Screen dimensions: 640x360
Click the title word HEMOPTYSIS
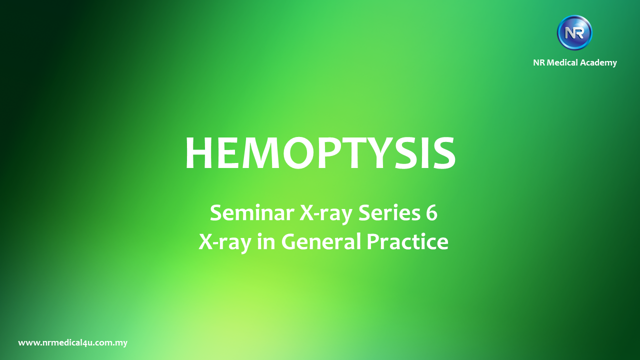(x=320, y=153)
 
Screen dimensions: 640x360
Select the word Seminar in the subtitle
(x=252, y=213)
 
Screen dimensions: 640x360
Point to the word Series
(x=389, y=213)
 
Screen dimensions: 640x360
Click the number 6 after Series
(x=431, y=213)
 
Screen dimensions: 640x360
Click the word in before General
(x=266, y=241)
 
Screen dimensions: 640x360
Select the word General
(x=321, y=241)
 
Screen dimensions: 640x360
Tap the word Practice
(x=407, y=241)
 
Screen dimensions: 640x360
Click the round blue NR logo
(x=574, y=33)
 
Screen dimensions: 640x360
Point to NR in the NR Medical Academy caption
(x=539, y=62)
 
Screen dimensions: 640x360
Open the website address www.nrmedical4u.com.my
(x=73, y=343)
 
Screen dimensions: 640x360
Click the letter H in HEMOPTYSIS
(x=199, y=153)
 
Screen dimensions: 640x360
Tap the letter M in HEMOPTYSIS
(x=259, y=153)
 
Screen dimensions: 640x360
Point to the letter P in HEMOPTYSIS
(x=333, y=153)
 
